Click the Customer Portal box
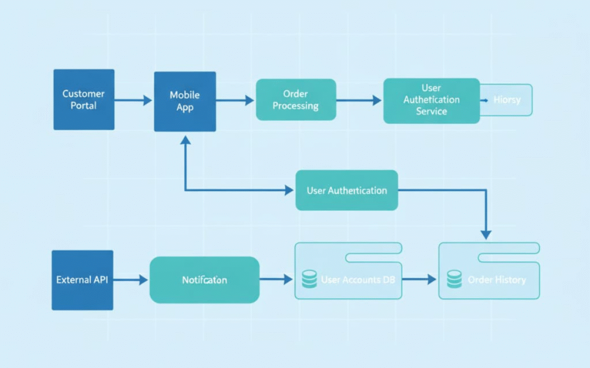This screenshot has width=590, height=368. (84, 100)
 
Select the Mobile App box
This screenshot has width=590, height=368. (185, 101)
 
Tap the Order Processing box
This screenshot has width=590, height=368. (296, 100)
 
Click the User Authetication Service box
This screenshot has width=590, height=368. (431, 100)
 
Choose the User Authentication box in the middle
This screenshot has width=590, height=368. (346, 190)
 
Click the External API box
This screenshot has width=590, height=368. (82, 280)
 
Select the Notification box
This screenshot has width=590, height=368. (204, 280)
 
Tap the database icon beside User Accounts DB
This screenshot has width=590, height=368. (309, 280)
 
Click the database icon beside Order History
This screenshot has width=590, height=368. (454, 280)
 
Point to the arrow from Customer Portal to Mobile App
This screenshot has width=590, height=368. (133, 100)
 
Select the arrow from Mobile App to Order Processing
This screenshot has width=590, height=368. (235, 100)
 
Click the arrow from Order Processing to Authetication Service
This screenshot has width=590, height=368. (359, 100)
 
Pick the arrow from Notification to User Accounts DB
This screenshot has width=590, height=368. (276, 280)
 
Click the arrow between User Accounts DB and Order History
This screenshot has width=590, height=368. (419, 280)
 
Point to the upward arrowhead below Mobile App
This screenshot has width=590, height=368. (185, 141)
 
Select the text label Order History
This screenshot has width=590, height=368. (497, 280)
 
